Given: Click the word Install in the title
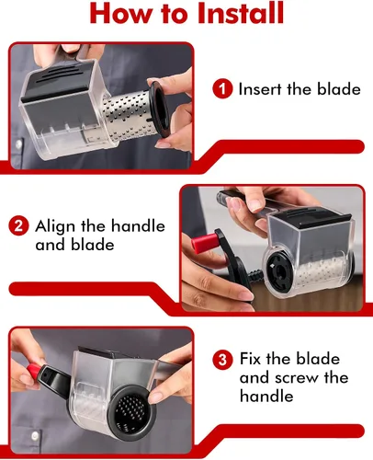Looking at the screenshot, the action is [x=241, y=14].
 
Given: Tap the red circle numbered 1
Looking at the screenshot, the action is [x=222, y=89].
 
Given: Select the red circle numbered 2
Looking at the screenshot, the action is [x=18, y=225].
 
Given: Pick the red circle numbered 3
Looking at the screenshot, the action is [x=222, y=359].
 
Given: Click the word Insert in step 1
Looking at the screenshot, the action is [x=260, y=89].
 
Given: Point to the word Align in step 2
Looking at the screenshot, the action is [x=55, y=227].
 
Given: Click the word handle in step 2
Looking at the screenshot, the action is [x=138, y=226].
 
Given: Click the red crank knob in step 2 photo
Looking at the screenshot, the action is [x=203, y=242].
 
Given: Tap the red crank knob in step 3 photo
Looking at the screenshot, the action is [x=34, y=371].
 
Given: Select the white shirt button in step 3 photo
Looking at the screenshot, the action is [x=35, y=434].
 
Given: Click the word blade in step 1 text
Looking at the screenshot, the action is [x=339, y=89].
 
